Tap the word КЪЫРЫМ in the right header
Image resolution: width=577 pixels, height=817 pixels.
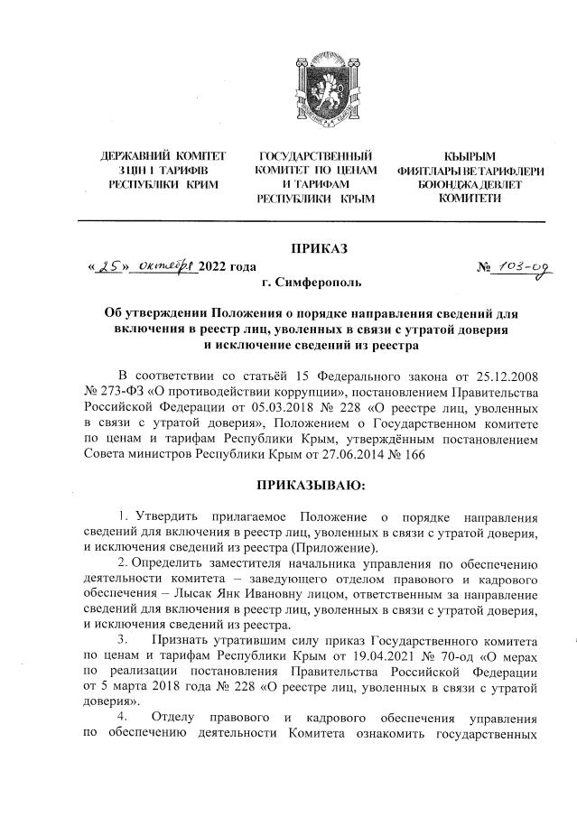(470, 157)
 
